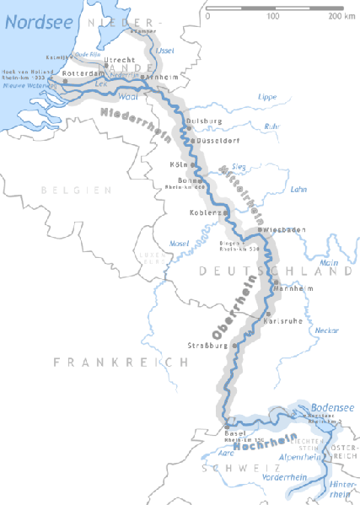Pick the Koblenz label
pos(205,212)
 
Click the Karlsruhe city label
pos(284,320)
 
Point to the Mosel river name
pos(179,244)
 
